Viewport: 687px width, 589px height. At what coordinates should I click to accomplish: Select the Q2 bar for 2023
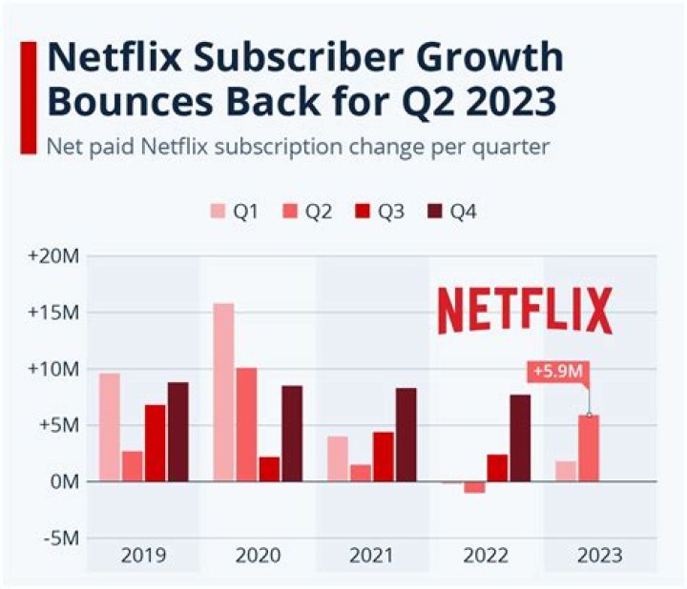[588, 448]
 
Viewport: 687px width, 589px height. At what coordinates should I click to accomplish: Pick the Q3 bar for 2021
[384, 457]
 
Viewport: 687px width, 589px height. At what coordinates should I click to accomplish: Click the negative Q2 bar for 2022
[474, 487]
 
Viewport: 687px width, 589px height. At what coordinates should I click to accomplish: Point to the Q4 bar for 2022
[520, 437]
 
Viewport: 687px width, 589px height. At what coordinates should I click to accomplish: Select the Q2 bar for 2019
[132, 466]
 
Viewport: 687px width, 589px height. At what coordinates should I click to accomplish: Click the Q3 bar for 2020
[269, 469]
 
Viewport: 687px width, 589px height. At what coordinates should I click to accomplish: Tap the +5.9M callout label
[557, 372]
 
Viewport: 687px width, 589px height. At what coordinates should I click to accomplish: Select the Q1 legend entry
[234, 212]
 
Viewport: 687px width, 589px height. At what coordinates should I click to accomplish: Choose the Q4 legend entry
[452, 212]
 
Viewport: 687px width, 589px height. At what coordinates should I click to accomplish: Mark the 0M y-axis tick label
[64, 481]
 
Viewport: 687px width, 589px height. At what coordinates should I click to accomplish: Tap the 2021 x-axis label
[372, 556]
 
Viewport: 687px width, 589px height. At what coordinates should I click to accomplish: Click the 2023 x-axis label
[600, 556]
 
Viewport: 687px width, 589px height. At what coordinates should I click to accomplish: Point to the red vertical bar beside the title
[28, 95]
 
